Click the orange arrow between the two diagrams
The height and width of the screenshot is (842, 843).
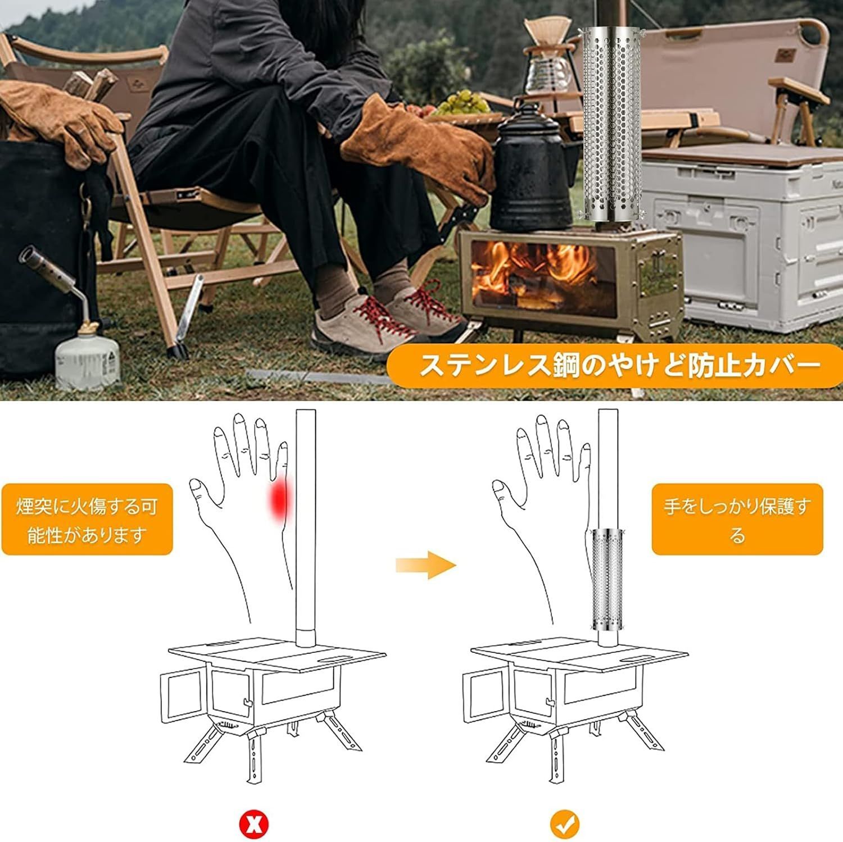425,564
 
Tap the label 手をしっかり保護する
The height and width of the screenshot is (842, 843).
737,519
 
